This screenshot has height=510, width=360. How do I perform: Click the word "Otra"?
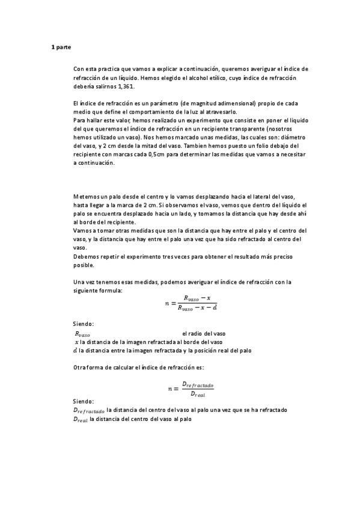click(79, 367)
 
